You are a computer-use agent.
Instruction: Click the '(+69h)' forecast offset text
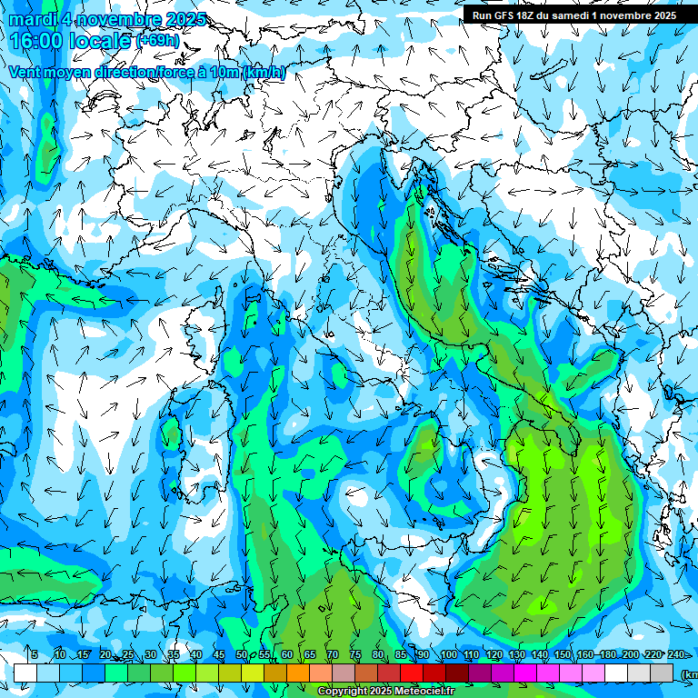coord(158,42)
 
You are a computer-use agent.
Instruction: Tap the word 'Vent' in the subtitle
coord(25,73)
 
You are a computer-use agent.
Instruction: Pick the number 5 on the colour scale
coord(35,655)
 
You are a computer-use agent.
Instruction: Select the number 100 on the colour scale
coord(449,655)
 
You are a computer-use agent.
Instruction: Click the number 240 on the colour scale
coord(675,655)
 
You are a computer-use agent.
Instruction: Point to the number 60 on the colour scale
coord(286,655)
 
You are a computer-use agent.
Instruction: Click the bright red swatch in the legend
coord(412,673)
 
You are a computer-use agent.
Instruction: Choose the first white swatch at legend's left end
coord(25,673)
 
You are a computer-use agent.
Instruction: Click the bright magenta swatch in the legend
coord(525,673)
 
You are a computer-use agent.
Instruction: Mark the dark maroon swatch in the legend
coord(457,673)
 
